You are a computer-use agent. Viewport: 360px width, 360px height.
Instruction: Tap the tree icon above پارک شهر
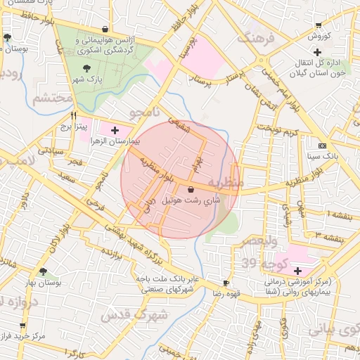click(x=86, y=69)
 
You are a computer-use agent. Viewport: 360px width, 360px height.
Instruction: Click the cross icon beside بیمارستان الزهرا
click(x=115, y=131)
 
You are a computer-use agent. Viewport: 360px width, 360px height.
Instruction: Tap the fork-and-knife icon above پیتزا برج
click(x=74, y=115)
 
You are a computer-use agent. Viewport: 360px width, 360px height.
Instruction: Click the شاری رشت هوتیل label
click(x=191, y=200)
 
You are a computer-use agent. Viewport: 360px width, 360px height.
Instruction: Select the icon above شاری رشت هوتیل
click(x=191, y=189)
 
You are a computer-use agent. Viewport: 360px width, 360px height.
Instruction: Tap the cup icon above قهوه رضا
click(x=226, y=283)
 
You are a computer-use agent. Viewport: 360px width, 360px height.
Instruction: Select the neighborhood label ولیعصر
click(x=259, y=240)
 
